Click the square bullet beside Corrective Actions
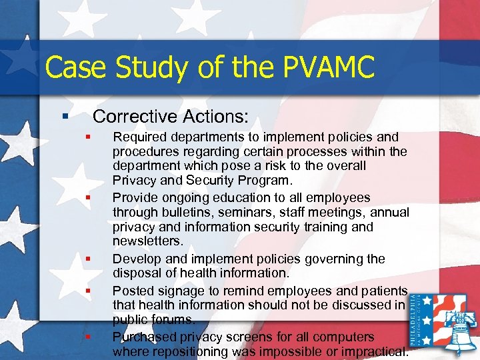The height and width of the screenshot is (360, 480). point(65,117)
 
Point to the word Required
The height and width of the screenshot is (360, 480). point(139,137)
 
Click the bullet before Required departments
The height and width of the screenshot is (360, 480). point(87,137)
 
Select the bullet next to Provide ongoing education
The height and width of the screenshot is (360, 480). point(87,197)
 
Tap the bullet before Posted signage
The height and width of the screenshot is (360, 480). point(87,291)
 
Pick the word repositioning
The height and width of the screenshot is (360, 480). point(186,351)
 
